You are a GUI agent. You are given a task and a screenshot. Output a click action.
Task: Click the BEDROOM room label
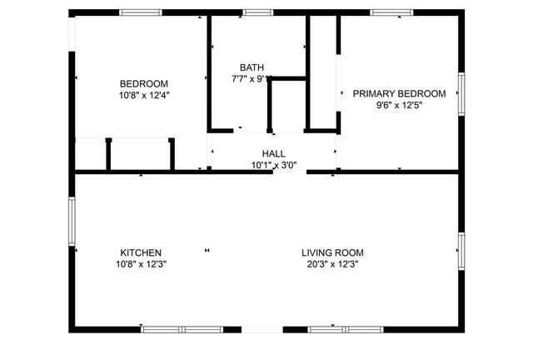(x=144, y=83)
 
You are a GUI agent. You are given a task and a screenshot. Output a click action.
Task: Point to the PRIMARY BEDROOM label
(x=399, y=93)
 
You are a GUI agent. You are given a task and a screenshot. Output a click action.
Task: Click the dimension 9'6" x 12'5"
(x=399, y=105)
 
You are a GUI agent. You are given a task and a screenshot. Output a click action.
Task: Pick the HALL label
(x=273, y=154)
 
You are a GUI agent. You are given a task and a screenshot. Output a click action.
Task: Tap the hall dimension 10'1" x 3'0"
(x=273, y=165)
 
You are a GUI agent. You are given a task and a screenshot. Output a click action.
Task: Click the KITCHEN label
(x=141, y=252)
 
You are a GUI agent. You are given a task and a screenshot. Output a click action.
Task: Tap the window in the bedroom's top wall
(x=141, y=12)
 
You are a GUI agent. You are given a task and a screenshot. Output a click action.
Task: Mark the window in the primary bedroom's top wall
(x=391, y=12)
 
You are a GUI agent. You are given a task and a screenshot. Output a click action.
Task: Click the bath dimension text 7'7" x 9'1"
(x=252, y=79)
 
